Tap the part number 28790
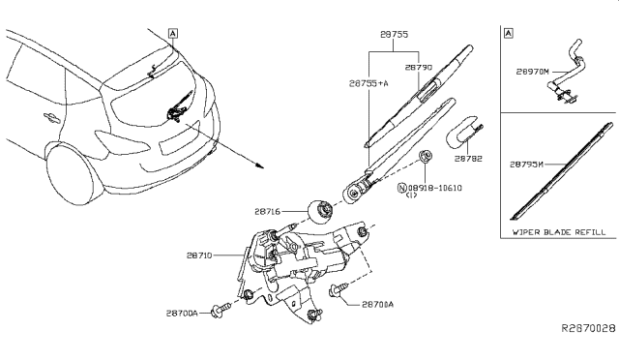coord(419,68)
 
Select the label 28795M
coord(530,164)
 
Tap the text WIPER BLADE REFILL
coord(559,232)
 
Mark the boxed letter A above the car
coord(172,32)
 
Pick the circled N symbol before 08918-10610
coord(403,189)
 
